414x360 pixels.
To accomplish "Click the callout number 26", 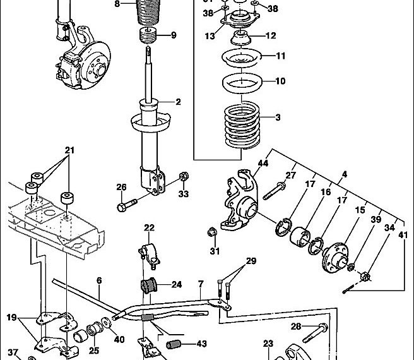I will click(122, 186).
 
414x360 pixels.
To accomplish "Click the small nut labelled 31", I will click(213, 232).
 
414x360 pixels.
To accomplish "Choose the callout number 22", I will click(149, 228).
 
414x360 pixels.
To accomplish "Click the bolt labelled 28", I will click(319, 328).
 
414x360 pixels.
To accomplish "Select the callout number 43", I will click(201, 344).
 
